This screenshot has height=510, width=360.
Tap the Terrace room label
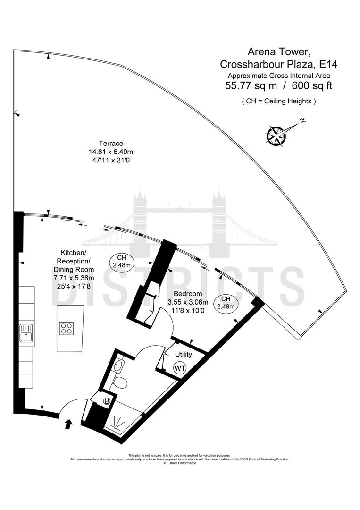click(x=111, y=144)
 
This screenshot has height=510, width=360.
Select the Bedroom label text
click(x=182, y=294)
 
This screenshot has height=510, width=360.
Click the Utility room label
click(x=183, y=354)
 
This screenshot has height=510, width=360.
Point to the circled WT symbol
click(x=180, y=368)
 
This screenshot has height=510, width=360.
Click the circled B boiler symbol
click(x=108, y=401)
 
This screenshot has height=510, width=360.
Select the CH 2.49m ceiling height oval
click(x=226, y=303)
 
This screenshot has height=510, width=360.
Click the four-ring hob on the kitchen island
click(x=67, y=328)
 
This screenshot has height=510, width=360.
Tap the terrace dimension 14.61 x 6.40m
click(x=111, y=152)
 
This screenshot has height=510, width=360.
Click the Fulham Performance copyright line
click(x=180, y=463)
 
